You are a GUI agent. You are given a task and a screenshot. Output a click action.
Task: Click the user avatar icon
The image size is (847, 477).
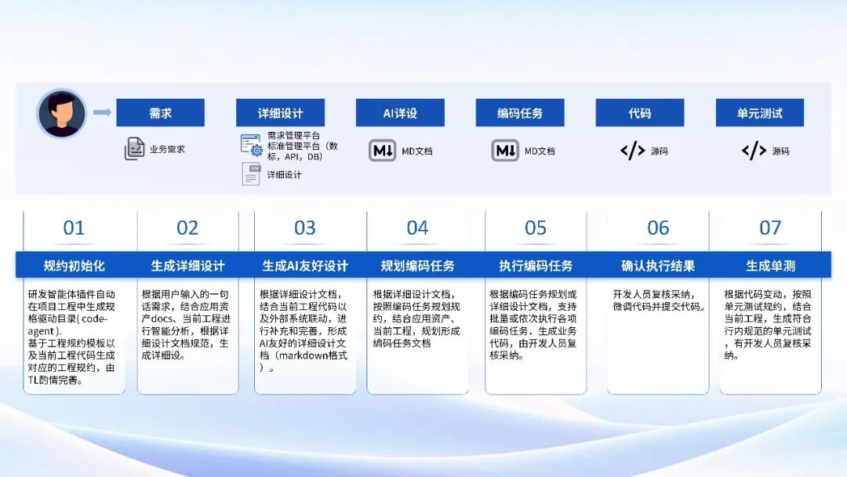[61, 113]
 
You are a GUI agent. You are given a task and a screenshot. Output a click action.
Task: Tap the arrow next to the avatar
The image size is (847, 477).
[102, 113]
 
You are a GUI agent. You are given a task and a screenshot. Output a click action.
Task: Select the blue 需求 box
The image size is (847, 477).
[160, 113]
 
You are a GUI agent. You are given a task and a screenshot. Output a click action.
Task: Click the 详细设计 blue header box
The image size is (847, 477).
[280, 113]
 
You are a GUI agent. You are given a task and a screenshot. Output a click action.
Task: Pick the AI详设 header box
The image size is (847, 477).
[400, 113]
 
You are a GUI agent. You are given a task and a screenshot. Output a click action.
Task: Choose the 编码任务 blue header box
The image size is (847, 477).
[520, 113]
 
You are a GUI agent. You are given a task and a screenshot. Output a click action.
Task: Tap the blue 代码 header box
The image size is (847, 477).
[639, 113]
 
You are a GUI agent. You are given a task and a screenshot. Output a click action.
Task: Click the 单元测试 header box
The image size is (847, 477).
[759, 113]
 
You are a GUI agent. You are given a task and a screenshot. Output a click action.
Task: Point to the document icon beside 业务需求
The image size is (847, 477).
[135, 148]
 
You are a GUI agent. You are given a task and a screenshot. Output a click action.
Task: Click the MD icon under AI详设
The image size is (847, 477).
[383, 150]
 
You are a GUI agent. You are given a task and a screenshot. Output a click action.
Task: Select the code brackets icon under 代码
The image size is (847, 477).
[632, 151]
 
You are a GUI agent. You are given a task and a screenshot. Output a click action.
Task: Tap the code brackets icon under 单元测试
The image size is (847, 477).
[754, 151]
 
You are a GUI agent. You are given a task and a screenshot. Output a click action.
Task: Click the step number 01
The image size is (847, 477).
[74, 228]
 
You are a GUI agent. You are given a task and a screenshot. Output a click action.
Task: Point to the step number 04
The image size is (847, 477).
[417, 228]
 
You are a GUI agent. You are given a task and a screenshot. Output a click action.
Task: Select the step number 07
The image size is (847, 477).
[770, 228]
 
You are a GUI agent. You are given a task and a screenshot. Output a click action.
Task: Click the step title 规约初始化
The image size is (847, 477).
[74, 265]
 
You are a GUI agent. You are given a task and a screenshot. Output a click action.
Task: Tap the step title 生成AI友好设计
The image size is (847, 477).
[305, 265]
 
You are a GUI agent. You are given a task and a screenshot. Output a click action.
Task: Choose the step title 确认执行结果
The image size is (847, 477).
[658, 265]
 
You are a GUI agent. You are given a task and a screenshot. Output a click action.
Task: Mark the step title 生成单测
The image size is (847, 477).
[770, 265]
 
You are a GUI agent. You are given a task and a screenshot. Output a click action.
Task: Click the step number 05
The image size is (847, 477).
[536, 228]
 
